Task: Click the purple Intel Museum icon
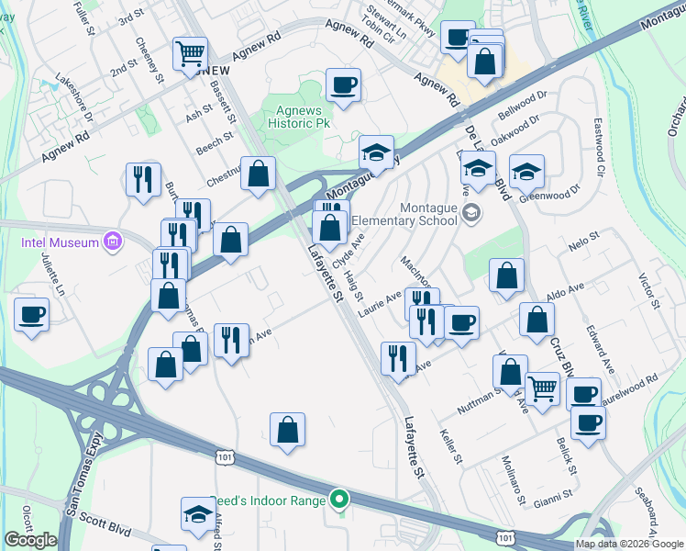click(x=113, y=242)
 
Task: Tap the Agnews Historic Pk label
click(x=296, y=117)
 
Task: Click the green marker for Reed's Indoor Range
click(x=339, y=500)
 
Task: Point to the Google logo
click(x=30, y=540)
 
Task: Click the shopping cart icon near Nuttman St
click(x=542, y=388)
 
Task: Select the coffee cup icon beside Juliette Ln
click(x=32, y=314)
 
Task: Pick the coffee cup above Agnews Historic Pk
click(x=343, y=85)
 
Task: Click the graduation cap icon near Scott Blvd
click(x=197, y=515)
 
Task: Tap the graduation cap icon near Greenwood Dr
click(x=526, y=171)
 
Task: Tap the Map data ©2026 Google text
click(x=629, y=544)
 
